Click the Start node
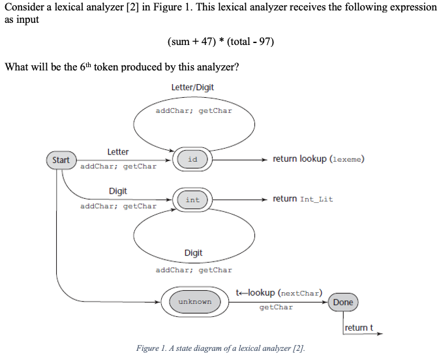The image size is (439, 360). [x=61, y=160]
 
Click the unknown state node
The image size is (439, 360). [x=195, y=302]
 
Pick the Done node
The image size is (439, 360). [x=342, y=302]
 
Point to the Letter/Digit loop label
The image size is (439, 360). [x=192, y=87]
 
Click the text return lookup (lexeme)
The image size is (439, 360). [x=318, y=159]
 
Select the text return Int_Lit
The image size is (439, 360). [x=303, y=199]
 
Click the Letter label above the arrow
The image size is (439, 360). [x=118, y=151]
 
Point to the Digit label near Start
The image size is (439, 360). [x=118, y=191]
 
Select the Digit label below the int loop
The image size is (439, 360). [x=193, y=253]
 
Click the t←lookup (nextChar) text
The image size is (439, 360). [x=279, y=293]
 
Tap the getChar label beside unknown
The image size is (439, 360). [x=276, y=307]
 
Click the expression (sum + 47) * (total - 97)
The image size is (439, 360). [x=220, y=42]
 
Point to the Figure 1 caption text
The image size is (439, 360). [x=220, y=348]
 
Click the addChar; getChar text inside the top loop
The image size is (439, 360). [x=194, y=111]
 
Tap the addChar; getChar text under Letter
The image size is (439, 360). [x=118, y=167]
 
